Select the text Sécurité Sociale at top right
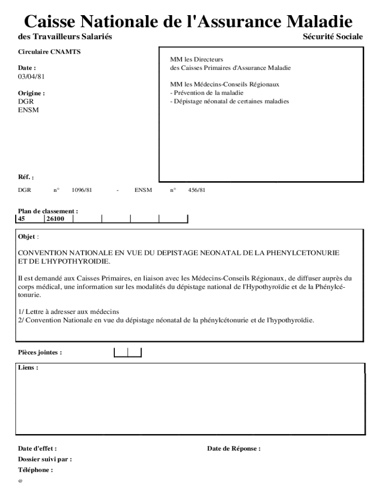[333, 37]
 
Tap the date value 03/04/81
[28, 77]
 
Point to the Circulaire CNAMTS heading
[42, 51]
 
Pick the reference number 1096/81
[82, 190]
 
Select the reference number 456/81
[197, 190]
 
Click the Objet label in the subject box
[27, 237]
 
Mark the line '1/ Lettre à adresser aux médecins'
[69, 312]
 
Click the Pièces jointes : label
[40, 352]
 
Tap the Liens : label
[28, 368]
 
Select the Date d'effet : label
[38, 448]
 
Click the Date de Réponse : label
[233, 448]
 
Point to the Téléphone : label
[35, 470]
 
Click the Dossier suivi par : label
[45, 459]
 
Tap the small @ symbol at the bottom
[21, 481]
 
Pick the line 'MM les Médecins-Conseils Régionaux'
[225, 84]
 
